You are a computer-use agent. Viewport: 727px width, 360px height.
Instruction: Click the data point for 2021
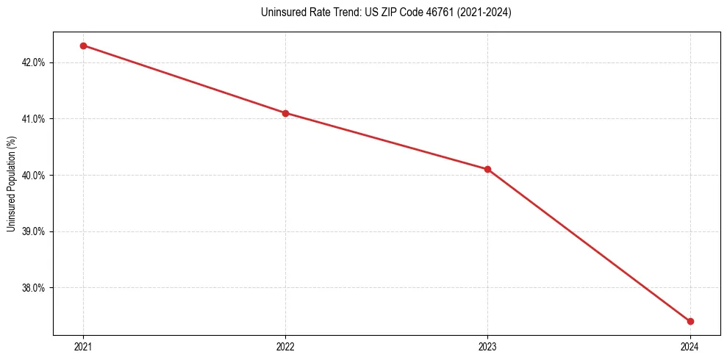pos(83,46)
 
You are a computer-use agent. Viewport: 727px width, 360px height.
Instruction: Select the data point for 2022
pos(285,113)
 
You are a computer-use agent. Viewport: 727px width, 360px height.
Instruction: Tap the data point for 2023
pos(487,169)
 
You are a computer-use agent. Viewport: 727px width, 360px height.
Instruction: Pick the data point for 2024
pos(690,321)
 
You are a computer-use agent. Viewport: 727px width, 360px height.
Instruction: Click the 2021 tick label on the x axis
pos(83,346)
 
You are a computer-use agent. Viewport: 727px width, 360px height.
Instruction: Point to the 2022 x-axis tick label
pos(285,346)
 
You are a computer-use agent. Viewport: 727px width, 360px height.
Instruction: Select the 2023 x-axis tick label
pos(487,346)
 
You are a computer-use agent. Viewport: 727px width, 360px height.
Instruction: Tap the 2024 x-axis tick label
pos(690,346)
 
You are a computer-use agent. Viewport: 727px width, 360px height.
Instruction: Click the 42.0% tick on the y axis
pos(34,62)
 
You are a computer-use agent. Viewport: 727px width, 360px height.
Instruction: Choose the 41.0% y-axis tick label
pos(34,119)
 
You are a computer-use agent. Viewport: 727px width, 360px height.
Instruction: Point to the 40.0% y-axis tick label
pos(34,176)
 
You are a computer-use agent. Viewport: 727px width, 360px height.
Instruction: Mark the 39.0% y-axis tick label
pos(34,231)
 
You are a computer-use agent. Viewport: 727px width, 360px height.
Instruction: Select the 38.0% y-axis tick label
pos(34,288)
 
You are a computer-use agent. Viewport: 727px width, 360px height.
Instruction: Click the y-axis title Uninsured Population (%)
pos(11,184)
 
